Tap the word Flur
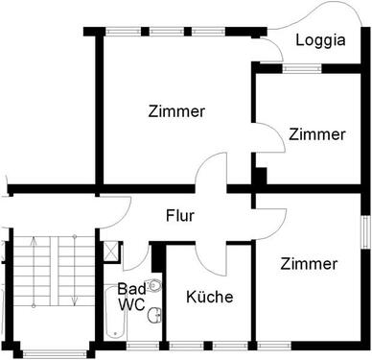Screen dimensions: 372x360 pos(179,216)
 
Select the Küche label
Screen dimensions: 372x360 pos(209,297)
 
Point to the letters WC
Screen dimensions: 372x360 pos(130,304)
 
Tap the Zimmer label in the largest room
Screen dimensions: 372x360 pos(176,111)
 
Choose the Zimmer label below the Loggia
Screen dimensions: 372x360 pos(316,134)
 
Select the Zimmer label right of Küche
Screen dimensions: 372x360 pos(310,263)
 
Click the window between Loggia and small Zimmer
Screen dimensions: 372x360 pos(296,67)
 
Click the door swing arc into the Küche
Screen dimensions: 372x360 pos(204,255)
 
